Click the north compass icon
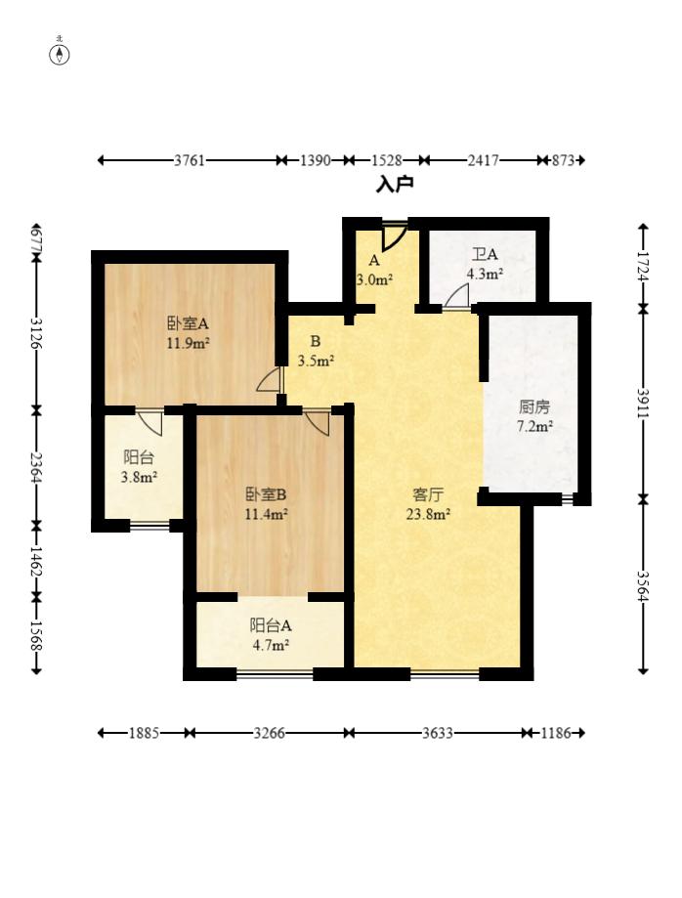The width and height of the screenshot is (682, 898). [x=59, y=55]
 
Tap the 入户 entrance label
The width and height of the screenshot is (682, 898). [x=395, y=185]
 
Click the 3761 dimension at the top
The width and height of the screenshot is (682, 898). [x=190, y=160]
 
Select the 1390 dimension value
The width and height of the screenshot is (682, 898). [x=316, y=160]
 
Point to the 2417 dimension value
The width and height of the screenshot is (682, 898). [x=484, y=160]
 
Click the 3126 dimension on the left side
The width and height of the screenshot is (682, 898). [x=37, y=333]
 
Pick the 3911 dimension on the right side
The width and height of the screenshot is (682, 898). [x=643, y=404]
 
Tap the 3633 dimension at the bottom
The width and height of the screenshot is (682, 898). [x=438, y=733]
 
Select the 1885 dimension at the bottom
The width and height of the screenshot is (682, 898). [x=144, y=733]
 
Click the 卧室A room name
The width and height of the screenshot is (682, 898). [x=188, y=323]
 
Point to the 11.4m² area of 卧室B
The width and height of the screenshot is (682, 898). [x=267, y=514]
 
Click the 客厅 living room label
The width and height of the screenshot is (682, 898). [x=428, y=494]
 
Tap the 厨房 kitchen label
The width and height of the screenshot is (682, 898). [x=534, y=407]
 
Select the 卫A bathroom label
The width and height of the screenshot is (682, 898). [x=485, y=254]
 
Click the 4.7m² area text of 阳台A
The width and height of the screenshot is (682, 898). [x=271, y=645]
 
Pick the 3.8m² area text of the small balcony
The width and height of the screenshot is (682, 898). [x=139, y=477]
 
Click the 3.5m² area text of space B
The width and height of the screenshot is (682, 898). [x=317, y=361]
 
